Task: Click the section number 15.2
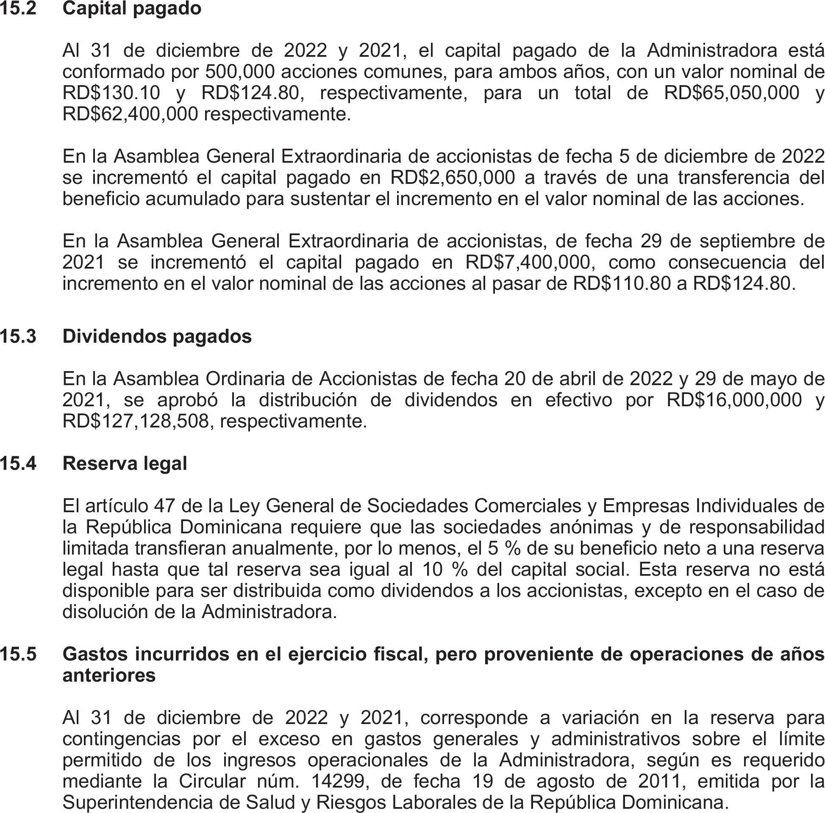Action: coord(18,8)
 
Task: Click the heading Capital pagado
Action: coord(131,8)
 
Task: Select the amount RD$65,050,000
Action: coord(731,93)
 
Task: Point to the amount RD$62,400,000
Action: coord(130,114)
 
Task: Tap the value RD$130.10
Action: coord(111,93)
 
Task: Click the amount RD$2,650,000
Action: coord(453,178)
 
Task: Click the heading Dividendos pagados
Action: coord(157,336)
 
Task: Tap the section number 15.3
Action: coord(18,336)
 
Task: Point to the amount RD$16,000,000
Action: coord(734,400)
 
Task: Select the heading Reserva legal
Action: coord(125,464)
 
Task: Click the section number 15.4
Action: coord(18,464)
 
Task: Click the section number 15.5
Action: coord(18,654)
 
